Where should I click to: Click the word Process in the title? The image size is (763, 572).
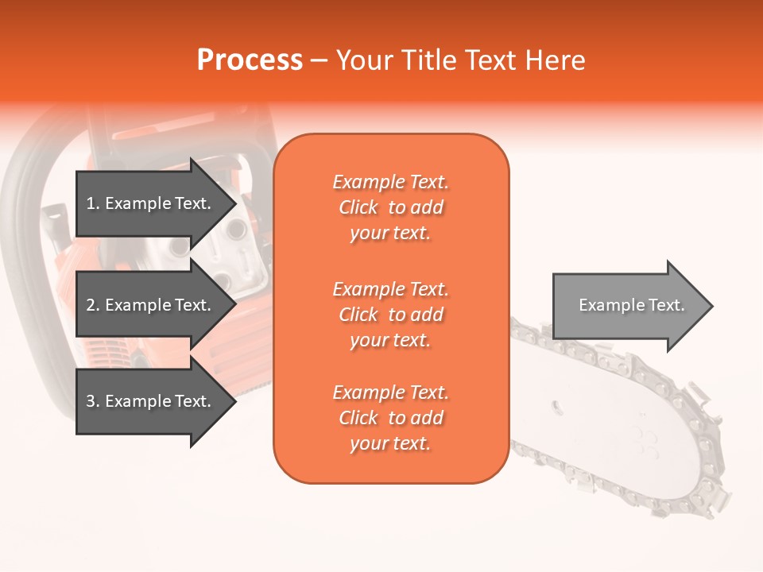click(250, 60)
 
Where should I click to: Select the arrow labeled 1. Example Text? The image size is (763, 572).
click(151, 203)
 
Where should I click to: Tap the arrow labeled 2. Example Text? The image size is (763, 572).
click(151, 305)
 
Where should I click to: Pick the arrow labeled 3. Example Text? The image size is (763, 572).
click(151, 401)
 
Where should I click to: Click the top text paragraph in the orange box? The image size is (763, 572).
click(390, 207)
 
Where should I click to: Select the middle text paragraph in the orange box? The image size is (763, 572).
click(390, 315)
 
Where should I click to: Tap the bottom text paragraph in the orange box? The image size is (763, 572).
click(390, 418)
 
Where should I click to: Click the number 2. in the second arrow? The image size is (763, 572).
click(93, 305)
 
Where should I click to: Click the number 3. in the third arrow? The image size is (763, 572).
click(93, 401)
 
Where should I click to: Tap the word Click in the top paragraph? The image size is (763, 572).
click(358, 207)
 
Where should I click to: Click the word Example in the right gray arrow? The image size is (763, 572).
click(605, 305)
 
